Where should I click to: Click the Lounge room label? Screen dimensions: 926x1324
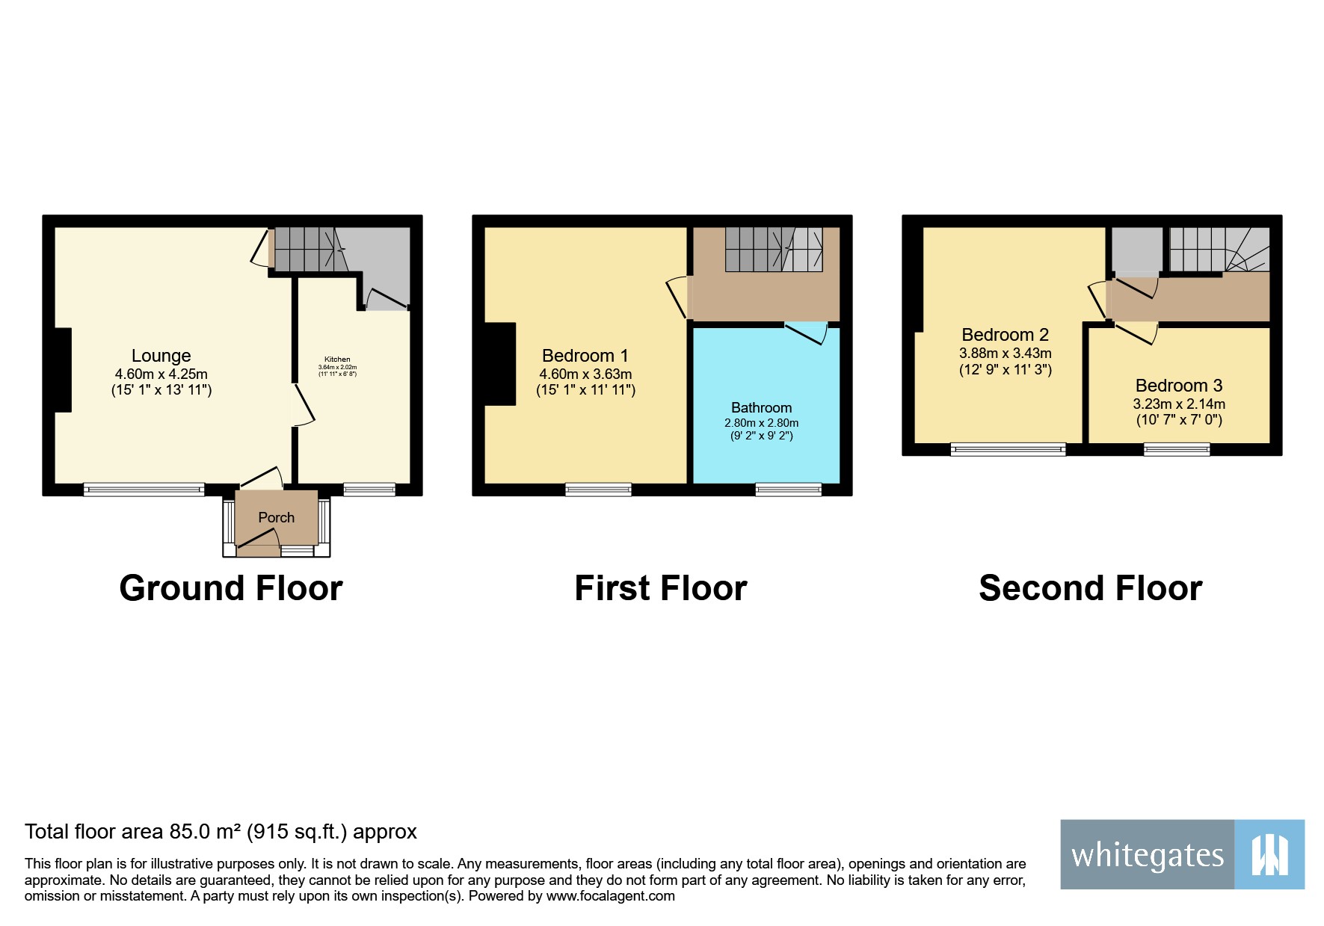pyautogui.click(x=161, y=356)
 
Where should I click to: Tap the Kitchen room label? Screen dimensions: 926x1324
pyautogui.click(x=337, y=359)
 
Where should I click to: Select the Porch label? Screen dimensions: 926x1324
pyautogui.click(x=276, y=517)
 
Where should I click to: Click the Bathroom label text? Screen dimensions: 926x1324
pyautogui.click(x=761, y=407)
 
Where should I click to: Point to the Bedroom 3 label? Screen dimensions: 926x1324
pyautogui.click(x=1178, y=386)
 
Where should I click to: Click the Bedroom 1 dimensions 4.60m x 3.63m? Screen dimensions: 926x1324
pyautogui.click(x=585, y=374)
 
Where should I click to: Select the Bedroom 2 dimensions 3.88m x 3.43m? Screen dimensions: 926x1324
pyautogui.click(x=1005, y=353)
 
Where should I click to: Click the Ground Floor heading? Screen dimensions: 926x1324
pyautogui.click(x=231, y=588)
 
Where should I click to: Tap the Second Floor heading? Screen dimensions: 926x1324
pyautogui.click(x=1090, y=588)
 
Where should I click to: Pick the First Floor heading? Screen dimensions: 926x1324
pyautogui.click(x=660, y=588)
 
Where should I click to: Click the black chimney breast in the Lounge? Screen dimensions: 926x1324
pyautogui.click(x=63, y=370)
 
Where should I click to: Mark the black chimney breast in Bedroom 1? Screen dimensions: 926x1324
pyautogui.click(x=500, y=364)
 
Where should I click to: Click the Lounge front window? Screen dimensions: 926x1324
pyautogui.click(x=144, y=490)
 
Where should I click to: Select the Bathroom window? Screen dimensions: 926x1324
pyautogui.click(x=788, y=490)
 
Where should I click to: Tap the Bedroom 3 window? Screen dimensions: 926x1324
pyautogui.click(x=1176, y=449)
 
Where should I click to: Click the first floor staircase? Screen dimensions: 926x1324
pyautogui.click(x=773, y=250)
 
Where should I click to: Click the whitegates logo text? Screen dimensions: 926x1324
pyautogui.click(x=1147, y=855)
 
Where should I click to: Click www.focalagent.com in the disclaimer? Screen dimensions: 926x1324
pyautogui.click(x=610, y=896)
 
